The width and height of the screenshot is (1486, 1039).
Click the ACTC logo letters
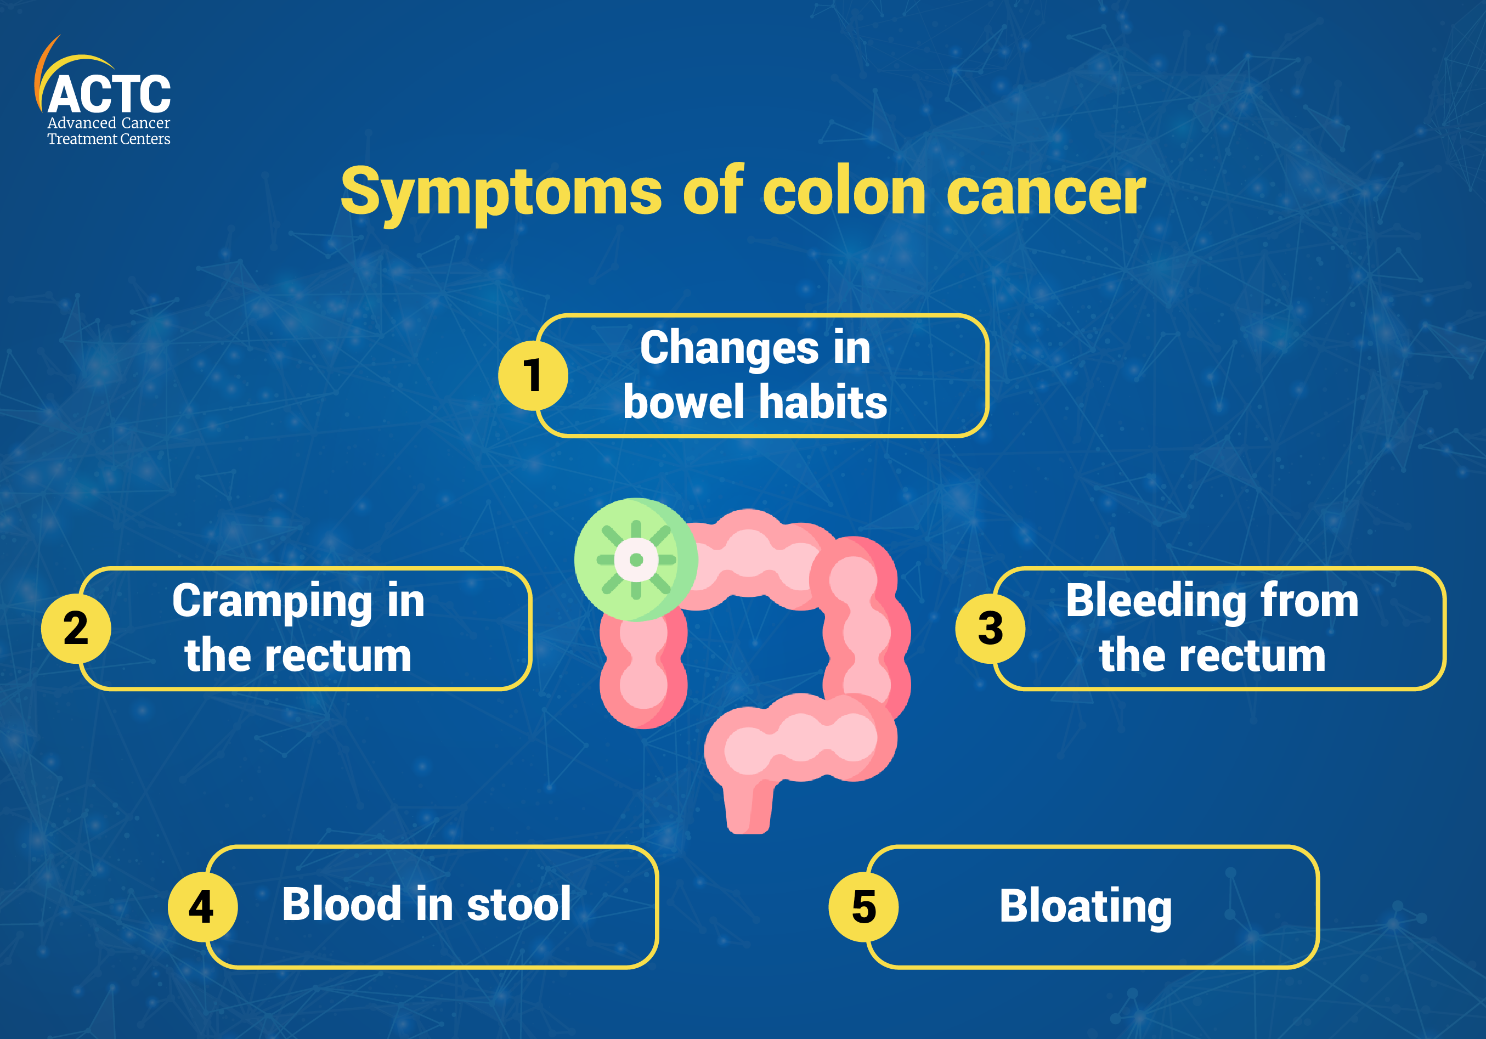tap(109, 94)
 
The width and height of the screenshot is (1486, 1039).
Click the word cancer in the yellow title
tap(1046, 192)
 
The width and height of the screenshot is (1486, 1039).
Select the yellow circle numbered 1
tap(533, 375)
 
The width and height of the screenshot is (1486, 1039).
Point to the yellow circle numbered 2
tap(76, 628)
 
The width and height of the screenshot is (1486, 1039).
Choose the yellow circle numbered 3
tap(990, 628)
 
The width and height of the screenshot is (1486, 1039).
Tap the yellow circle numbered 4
tap(202, 906)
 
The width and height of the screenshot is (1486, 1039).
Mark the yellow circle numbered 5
tap(863, 906)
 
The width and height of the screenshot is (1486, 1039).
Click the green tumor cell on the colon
tap(636, 560)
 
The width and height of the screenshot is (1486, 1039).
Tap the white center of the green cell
tap(636, 560)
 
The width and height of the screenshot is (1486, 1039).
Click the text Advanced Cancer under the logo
tap(109, 123)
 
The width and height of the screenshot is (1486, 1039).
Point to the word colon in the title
tap(845, 192)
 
